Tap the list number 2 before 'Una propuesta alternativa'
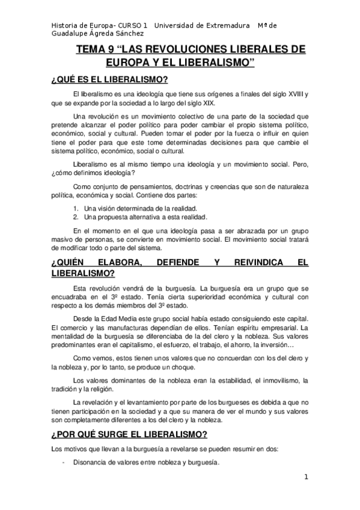click(x=75, y=217)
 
